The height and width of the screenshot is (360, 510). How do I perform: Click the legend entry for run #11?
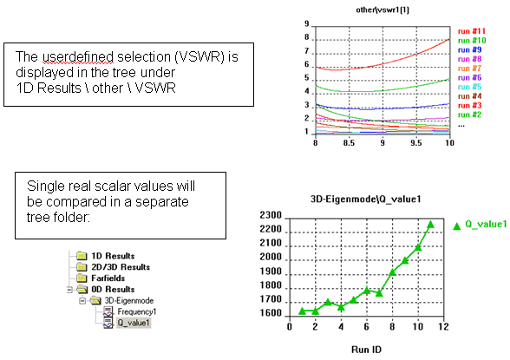472,31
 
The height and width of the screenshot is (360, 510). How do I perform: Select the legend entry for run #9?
470,49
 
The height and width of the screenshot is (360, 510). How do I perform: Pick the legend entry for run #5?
470,87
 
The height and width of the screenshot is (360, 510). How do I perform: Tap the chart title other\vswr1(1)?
382,10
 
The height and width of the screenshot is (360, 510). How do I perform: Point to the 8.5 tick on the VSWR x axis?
349,143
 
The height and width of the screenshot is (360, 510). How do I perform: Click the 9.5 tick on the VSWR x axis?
416,143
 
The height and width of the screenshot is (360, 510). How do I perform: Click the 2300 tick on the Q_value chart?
271,215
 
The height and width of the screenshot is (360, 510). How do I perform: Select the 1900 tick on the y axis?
271,271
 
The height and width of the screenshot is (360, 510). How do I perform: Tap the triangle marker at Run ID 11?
430,225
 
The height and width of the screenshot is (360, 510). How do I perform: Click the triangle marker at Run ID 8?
392,272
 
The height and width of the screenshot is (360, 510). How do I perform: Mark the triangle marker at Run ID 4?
341,307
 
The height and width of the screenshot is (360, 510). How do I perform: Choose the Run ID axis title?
366,350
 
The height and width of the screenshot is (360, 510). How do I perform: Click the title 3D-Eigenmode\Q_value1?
366,199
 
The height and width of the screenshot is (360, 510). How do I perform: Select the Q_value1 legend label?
486,224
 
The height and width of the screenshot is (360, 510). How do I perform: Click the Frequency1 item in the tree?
137,311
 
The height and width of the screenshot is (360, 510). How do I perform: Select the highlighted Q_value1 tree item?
134,323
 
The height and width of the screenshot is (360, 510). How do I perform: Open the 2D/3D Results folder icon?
82,267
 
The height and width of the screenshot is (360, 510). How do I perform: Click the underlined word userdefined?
78,57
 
